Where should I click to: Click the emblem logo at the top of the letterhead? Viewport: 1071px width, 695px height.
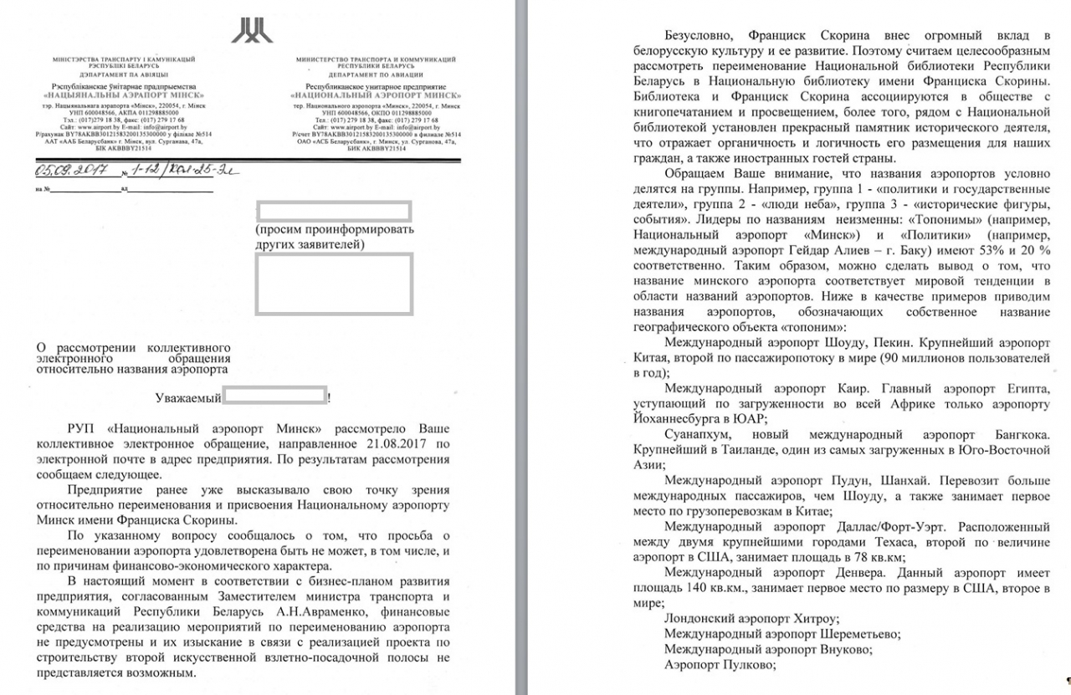coord(252,30)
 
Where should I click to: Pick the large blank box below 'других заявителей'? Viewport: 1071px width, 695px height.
coord(334,284)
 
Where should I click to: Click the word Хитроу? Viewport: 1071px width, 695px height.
coord(790,620)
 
